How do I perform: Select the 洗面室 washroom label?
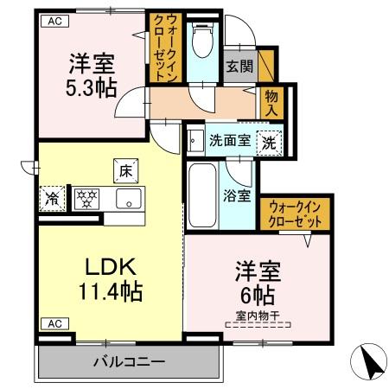point(230,138)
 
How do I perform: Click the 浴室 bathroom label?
point(237,195)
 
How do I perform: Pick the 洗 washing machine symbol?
point(270,140)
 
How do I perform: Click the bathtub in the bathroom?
point(202,194)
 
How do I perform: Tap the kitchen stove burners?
point(88,198)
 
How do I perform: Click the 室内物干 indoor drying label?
point(259,316)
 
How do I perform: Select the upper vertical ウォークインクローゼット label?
point(163,48)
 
